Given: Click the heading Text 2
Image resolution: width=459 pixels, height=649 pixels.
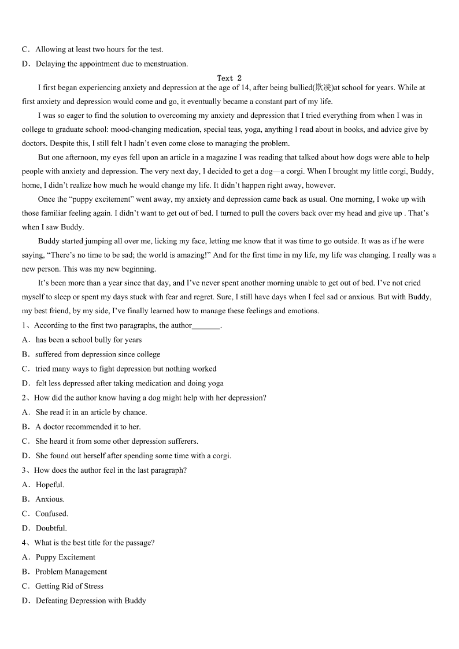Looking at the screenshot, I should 229,78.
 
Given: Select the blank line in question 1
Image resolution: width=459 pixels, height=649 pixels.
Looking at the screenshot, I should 206,326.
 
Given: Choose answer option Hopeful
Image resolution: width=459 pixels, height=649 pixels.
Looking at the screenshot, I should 50,485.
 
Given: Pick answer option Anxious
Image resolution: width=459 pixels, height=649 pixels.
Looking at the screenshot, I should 50,499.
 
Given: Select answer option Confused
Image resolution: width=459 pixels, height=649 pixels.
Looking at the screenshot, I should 51,514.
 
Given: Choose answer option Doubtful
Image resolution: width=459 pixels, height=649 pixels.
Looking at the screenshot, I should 51,528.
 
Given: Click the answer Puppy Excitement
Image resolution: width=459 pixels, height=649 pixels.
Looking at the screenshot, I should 65,558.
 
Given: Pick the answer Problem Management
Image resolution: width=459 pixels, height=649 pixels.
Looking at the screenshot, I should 71,572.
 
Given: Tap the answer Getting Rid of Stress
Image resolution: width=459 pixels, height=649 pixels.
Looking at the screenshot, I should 69,587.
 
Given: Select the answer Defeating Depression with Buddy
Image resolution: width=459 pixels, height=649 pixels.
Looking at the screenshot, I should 91,601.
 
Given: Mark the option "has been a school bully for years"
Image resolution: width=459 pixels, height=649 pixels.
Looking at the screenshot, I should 88,340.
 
